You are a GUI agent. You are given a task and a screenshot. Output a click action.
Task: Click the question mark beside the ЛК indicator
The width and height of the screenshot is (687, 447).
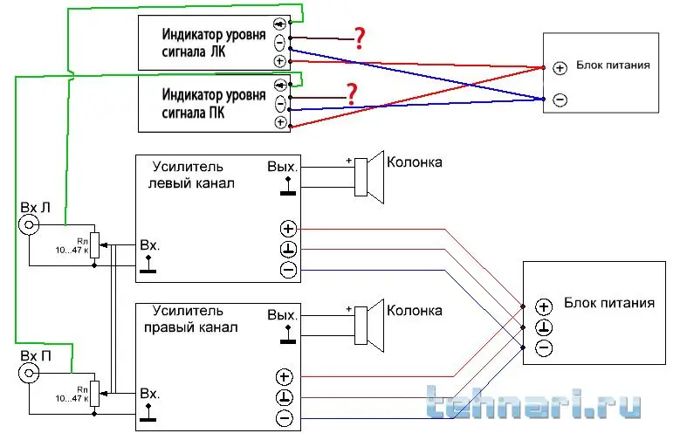point(358,37)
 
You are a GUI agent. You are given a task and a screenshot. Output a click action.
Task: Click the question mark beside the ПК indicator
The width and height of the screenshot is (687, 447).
point(352,93)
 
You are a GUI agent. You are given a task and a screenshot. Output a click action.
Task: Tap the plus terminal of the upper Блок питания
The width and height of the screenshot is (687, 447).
point(560,67)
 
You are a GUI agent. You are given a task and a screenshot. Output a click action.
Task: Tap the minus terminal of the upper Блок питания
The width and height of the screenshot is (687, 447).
point(560,100)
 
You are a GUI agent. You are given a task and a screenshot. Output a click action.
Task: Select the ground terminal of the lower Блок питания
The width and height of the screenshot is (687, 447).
point(544,327)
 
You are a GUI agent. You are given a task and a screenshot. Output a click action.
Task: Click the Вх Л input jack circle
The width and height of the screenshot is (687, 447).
point(31,226)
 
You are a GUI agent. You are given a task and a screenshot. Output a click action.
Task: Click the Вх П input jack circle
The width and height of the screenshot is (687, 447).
point(31,374)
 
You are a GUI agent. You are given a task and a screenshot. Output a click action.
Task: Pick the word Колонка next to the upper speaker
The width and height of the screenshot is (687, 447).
point(415,162)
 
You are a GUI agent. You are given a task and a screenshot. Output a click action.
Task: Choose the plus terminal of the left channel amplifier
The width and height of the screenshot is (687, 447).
point(288,229)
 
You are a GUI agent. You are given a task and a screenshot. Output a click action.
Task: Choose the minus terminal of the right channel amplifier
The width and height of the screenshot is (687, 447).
point(284,419)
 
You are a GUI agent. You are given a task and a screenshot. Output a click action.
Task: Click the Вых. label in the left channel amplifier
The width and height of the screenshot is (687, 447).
point(283,166)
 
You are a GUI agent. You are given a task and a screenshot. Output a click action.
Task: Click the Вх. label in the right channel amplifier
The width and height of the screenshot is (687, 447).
point(149,394)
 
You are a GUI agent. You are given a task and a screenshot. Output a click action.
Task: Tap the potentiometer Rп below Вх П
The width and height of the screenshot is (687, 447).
point(95,395)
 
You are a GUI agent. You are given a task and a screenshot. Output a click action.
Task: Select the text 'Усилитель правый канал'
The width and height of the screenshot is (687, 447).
point(194,319)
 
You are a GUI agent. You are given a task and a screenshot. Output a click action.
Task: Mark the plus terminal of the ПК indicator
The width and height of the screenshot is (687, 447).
point(280,122)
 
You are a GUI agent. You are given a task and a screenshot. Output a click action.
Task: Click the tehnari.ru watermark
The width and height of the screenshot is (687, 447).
point(534,406)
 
